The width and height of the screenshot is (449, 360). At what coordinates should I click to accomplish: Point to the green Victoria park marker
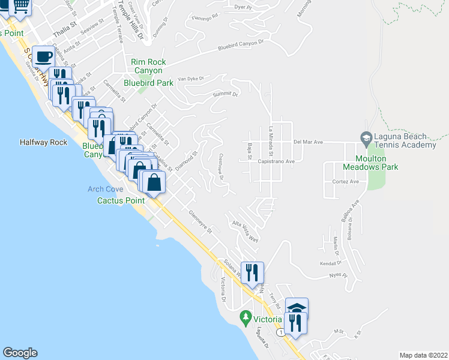[245, 316]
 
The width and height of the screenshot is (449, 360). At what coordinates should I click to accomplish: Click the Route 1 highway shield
[280, 332]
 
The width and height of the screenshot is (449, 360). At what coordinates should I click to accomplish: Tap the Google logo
[20, 353]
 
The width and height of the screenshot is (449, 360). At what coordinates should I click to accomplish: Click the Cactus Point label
[121, 200]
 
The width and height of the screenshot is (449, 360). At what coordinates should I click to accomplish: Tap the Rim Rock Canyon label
[149, 66]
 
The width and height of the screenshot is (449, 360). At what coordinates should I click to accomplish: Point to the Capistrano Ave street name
[275, 161]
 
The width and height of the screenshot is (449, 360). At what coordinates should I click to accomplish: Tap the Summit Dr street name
[226, 94]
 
